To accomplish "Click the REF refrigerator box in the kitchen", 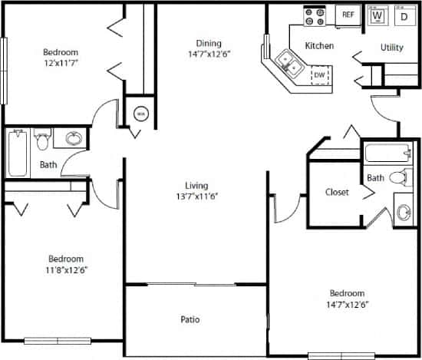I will pos(348,14).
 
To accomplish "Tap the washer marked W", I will pos(377,15).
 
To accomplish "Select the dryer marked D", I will pos(403,15).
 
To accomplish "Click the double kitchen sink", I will pos(289,64).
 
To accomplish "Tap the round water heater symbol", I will pos(140,114).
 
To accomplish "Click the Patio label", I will pos(190,319).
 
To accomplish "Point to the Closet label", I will pos(338,193).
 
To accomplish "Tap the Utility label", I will pos(392,48).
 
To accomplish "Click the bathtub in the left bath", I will pos(17,154).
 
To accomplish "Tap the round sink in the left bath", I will pos(74,139).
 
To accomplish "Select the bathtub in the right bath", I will pos(388,152).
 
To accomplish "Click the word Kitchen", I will pos(319,46).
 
